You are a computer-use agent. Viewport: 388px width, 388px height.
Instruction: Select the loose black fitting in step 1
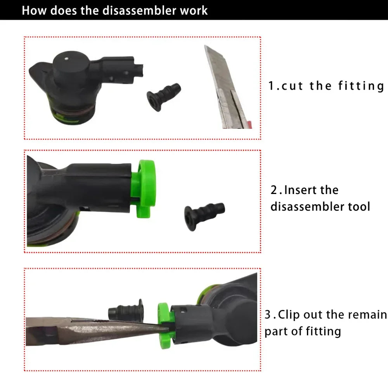(164, 97)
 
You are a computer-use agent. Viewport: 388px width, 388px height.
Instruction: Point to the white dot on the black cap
(66, 59)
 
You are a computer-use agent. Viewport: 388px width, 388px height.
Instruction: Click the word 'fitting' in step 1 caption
(361, 86)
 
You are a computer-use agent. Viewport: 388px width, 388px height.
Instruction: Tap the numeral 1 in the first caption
(272, 86)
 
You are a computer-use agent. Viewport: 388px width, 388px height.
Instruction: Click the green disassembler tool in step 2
(143, 189)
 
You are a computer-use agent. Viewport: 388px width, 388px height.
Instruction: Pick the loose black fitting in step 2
(204, 217)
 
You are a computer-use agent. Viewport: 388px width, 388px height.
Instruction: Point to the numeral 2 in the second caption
(274, 190)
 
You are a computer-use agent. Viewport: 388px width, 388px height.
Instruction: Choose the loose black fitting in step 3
(126, 311)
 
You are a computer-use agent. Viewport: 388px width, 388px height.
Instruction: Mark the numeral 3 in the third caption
(268, 315)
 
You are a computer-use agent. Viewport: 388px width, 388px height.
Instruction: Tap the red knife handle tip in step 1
(249, 125)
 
